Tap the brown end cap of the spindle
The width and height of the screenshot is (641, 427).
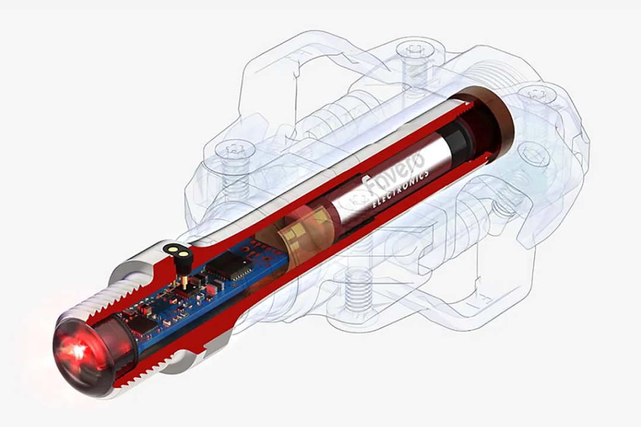[x=487, y=123]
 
